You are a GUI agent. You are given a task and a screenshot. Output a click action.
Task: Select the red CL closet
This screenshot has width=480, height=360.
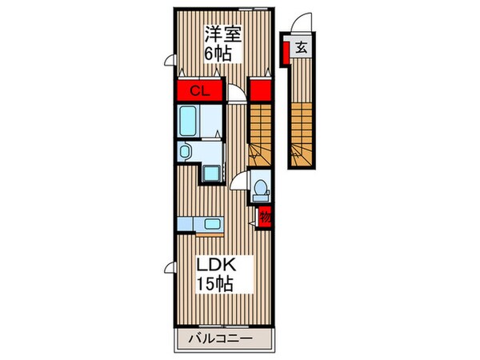pyautogui.click(x=200, y=90)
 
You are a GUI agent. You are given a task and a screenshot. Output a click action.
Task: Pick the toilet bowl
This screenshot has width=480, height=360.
pyautogui.click(x=260, y=190)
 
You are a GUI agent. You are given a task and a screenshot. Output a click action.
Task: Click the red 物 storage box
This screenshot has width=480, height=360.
pyautogui.click(x=265, y=215)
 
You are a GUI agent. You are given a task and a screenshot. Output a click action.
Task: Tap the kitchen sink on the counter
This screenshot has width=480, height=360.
pyautogui.click(x=212, y=224)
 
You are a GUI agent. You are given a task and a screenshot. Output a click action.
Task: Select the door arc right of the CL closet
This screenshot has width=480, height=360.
pyautogui.click(x=237, y=94)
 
